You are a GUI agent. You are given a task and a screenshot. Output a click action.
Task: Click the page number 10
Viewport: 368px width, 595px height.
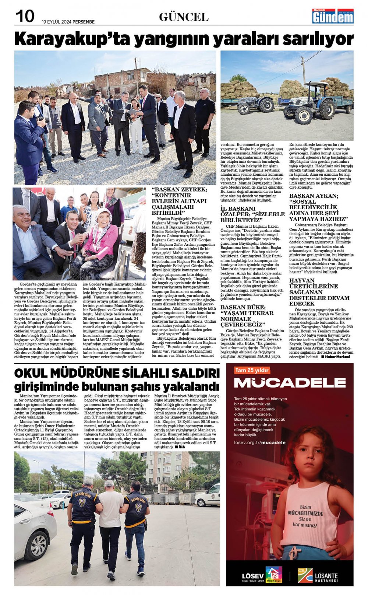(25, 16)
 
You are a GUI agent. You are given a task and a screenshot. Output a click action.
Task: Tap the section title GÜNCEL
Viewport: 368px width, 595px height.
(184, 17)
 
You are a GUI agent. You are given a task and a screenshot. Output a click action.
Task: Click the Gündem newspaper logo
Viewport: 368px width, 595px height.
(333, 16)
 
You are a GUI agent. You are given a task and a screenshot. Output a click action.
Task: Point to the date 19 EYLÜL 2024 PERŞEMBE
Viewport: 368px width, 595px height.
(68, 22)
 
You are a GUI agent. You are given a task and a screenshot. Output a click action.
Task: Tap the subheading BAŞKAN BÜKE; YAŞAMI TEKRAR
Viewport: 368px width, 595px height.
(247, 316)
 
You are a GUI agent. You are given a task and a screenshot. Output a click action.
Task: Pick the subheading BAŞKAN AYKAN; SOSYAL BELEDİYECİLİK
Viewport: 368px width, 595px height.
(319, 207)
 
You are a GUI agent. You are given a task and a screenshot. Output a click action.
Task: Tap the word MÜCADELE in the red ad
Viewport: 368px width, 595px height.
(290, 383)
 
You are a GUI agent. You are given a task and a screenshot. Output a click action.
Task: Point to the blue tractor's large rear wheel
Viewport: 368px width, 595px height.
(326, 109)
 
